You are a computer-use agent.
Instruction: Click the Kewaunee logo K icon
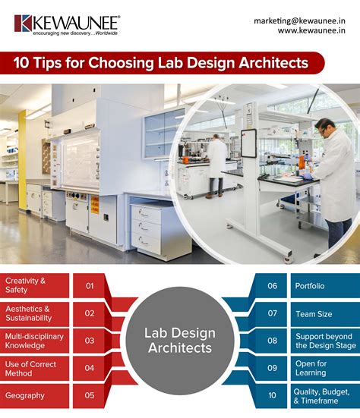tap(22, 23)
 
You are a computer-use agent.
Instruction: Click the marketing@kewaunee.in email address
tap(298, 21)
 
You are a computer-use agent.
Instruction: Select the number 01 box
tap(90, 286)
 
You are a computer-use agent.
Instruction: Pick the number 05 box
tap(90, 395)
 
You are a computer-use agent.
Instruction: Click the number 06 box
tap(272, 286)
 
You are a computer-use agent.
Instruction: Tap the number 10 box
tap(272, 395)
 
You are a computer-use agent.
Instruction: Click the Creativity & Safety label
tap(34, 286)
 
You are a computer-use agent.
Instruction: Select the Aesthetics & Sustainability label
tap(34, 313)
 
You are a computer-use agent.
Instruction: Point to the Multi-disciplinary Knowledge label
tap(34, 341)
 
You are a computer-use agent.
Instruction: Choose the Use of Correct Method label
tap(34, 368)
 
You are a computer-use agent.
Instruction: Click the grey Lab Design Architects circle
tap(180, 341)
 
